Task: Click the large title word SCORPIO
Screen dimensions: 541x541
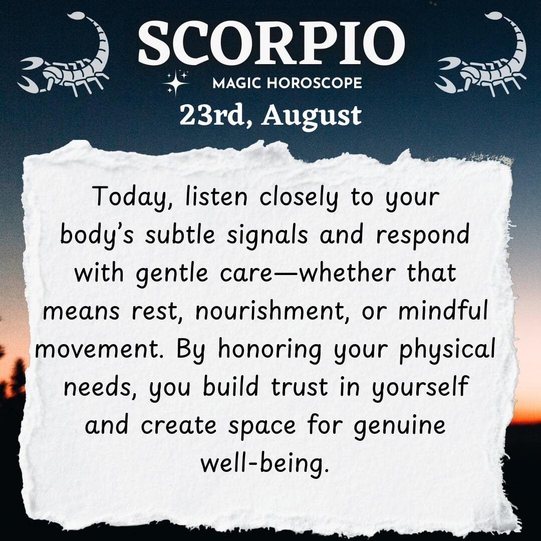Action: (271, 43)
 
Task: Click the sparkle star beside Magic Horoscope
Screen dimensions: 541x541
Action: (176, 82)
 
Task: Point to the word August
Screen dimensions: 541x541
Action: (312, 117)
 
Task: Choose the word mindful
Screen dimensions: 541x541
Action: (443, 310)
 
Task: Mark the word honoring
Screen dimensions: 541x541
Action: (270, 350)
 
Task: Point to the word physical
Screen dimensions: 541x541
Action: (447, 350)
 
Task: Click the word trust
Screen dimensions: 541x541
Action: (300, 387)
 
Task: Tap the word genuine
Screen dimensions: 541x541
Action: (400, 426)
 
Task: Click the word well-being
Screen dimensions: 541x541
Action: (264, 464)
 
